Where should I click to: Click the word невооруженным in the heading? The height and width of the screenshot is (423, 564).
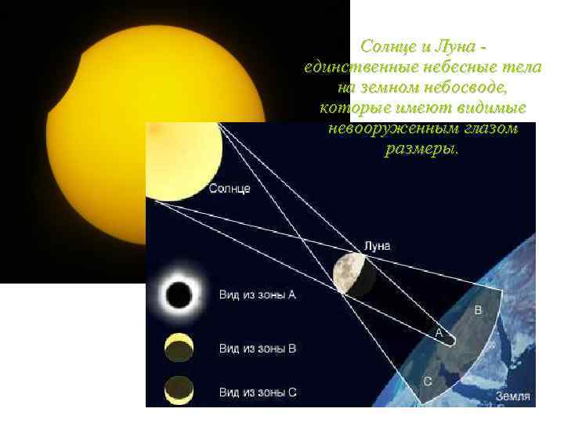(x=386, y=128)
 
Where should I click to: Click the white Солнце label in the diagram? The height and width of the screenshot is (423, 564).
(x=230, y=189)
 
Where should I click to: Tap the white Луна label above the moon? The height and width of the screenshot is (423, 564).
(x=377, y=245)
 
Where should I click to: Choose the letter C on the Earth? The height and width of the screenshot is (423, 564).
(x=428, y=381)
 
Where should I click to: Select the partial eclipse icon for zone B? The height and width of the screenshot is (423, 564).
(x=179, y=348)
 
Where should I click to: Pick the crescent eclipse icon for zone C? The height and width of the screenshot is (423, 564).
(x=179, y=389)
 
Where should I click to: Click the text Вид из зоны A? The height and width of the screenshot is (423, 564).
(x=257, y=295)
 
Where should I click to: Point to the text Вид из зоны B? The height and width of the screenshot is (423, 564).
(x=257, y=348)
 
